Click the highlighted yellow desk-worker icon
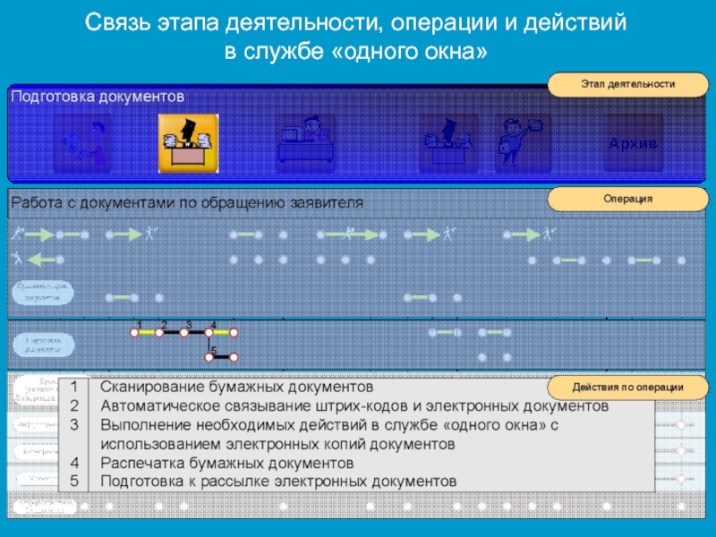[189, 143]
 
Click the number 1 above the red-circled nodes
[140, 323]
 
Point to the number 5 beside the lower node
[214, 348]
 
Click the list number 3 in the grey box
[75, 424]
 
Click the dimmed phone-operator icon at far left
[82, 143]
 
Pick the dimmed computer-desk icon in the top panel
[306, 143]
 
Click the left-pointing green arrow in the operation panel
[40, 260]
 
